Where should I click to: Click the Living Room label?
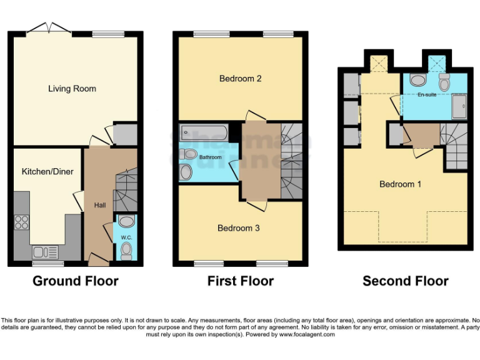click(x=72, y=89)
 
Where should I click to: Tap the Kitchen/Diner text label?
click(x=44, y=171)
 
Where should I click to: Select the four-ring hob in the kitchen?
click(x=22, y=223)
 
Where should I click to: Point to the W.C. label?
click(x=126, y=237)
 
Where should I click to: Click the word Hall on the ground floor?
click(x=100, y=205)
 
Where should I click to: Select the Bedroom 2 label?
click(x=240, y=79)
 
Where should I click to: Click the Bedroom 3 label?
click(x=238, y=228)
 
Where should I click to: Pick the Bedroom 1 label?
click(x=400, y=184)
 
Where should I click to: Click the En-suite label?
click(x=427, y=95)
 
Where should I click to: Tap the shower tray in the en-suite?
click(x=459, y=107)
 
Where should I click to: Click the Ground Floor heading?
click(x=75, y=281)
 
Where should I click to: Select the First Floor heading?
click(x=240, y=281)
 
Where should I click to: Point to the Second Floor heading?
click(x=405, y=281)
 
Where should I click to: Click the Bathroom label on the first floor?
click(x=210, y=157)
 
